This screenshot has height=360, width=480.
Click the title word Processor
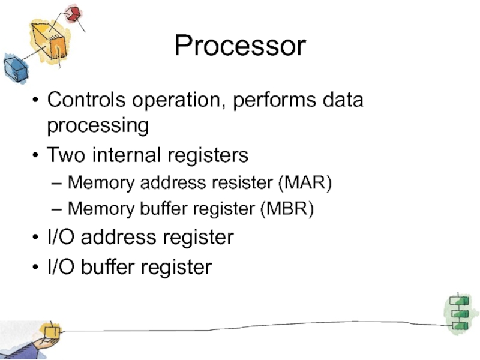[x=240, y=46]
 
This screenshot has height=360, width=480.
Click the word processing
[x=98, y=126]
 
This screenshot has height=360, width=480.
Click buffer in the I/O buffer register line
[x=112, y=267]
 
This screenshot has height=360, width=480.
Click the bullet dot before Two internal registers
[x=37, y=156]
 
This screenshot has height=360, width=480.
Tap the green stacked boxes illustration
[x=459, y=312]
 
